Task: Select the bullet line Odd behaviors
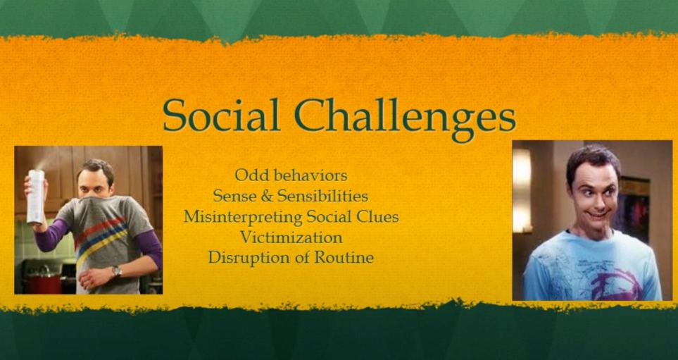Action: point(291,174)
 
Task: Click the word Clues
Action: point(377,216)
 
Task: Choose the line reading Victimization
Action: point(291,237)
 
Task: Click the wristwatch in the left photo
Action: point(117,271)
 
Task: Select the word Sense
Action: point(233,195)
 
